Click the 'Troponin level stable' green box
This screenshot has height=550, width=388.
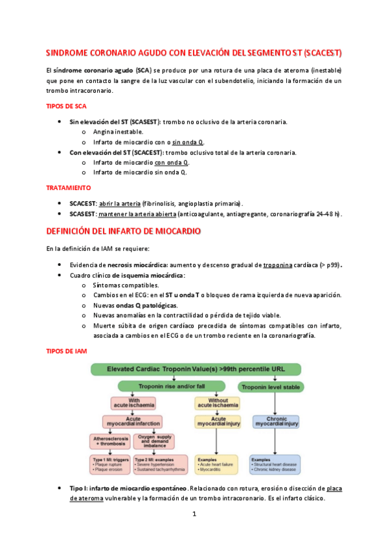pyautogui.click(x=275, y=387)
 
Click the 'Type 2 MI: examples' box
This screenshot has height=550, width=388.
pyautogui.click(x=157, y=463)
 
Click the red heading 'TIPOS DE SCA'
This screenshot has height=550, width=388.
pyautogui.click(x=67, y=106)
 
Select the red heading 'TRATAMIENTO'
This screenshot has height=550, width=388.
pyautogui.click(x=68, y=188)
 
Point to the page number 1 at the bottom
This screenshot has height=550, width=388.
pyautogui.click(x=194, y=515)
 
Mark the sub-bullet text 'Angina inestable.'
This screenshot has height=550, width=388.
pyautogui.click(x=118, y=132)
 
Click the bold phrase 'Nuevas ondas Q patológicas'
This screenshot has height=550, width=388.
pyautogui.click(x=135, y=305)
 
